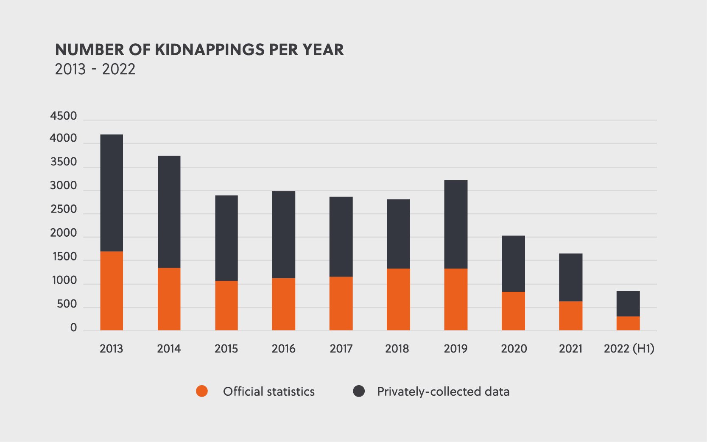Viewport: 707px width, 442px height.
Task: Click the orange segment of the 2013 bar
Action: pos(112,291)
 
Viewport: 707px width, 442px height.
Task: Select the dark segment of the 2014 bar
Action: pos(169,212)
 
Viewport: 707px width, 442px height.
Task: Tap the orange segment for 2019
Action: pos(455,299)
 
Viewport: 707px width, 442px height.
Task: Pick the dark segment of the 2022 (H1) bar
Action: pos(628,304)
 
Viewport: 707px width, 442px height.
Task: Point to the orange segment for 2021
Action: pos(570,316)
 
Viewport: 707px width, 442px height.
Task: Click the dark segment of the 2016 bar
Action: pos(283,235)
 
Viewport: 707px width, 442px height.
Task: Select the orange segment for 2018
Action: pos(398,299)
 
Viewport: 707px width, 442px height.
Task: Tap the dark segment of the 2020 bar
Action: pos(513,263)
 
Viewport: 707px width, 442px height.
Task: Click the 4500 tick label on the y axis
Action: pos(64,116)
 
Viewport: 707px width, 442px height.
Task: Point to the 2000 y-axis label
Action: pos(64,233)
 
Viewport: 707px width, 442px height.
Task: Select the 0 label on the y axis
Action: pos(74,327)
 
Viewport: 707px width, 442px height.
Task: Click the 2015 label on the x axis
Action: pos(226,349)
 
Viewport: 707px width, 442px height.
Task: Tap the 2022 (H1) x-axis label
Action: pos(629,349)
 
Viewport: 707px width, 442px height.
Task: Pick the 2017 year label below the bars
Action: pos(341,349)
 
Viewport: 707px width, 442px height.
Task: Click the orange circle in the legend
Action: pos(202,391)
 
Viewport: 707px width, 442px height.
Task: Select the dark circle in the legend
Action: pos(359,391)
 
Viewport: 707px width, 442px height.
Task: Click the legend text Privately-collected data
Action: pos(443,392)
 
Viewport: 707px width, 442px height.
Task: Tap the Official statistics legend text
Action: pos(269,392)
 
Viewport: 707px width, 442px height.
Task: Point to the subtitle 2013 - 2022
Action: pos(95,69)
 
